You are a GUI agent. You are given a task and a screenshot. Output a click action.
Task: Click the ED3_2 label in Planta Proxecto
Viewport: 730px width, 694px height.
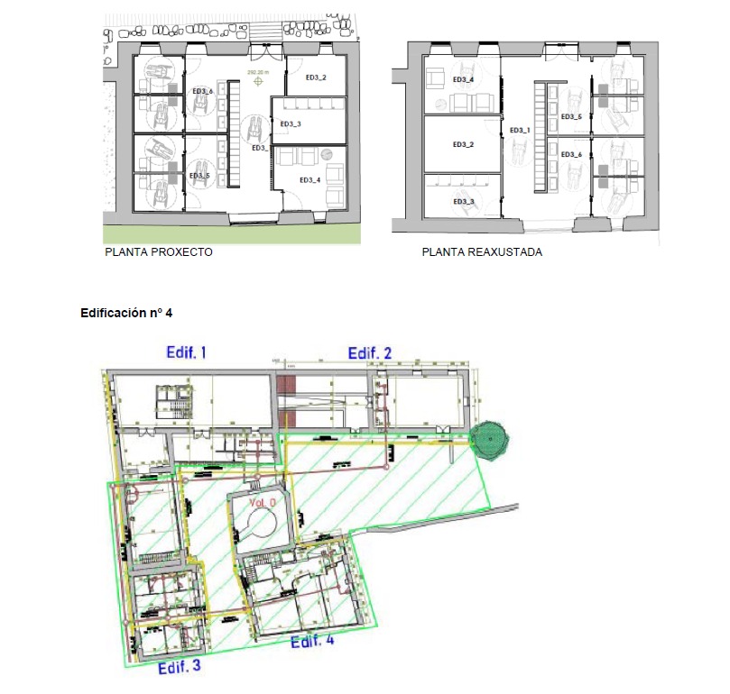point(315,78)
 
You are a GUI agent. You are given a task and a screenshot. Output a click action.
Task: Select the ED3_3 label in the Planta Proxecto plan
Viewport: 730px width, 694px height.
point(291,123)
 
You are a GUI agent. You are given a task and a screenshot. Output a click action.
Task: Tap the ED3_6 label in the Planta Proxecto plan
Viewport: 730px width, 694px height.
point(202,92)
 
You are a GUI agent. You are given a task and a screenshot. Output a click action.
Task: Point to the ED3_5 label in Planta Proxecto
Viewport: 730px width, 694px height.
point(200,176)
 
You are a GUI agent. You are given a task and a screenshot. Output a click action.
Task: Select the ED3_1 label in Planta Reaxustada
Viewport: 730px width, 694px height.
point(521,131)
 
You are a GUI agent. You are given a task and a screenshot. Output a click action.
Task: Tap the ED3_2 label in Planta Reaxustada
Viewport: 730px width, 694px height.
point(463,144)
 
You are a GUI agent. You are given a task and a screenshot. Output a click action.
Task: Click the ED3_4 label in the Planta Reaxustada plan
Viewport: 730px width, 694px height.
point(463,80)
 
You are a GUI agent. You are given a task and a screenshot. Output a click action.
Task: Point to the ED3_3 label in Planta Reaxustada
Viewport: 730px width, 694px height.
point(463,201)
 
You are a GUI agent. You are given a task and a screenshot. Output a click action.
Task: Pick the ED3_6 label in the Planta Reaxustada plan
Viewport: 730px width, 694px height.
point(571,155)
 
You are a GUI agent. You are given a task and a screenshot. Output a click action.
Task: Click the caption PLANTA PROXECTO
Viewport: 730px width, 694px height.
point(159,252)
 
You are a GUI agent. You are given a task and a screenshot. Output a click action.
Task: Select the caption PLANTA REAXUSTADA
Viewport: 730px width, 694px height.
point(482,252)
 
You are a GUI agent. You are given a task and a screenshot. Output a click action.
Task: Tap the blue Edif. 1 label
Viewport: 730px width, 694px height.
point(187,352)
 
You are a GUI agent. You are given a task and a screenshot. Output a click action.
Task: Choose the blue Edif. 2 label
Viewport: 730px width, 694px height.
point(371,352)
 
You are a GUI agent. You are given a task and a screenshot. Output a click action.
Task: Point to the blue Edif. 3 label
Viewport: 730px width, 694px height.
point(179,668)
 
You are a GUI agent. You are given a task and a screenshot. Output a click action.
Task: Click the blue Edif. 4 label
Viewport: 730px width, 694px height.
point(311,641)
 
